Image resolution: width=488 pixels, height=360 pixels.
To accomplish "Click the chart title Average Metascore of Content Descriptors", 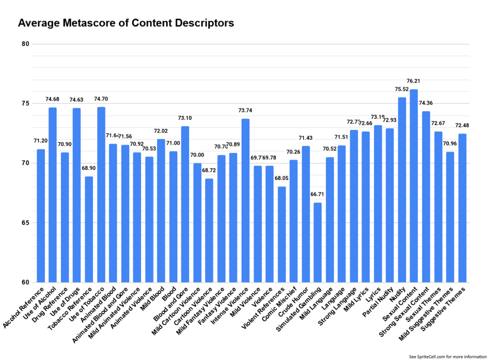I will point(126,23).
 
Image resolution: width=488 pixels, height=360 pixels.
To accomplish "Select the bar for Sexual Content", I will point(414,186).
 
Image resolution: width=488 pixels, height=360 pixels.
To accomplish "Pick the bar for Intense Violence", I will point(245,200).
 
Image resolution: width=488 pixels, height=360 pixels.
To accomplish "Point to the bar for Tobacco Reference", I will point(89,229).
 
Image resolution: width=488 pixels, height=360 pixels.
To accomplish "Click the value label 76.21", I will point(414,81).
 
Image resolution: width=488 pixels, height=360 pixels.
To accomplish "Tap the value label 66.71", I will point(317,195).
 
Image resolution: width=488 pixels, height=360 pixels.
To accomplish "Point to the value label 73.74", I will point(245,110).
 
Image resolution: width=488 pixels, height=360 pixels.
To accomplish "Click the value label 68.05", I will point(282,178).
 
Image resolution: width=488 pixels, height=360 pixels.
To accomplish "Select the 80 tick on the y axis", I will point(25,44).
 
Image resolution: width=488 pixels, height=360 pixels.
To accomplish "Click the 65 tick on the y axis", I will point(25,223).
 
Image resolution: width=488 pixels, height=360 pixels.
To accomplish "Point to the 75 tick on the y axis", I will point(25,104).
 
